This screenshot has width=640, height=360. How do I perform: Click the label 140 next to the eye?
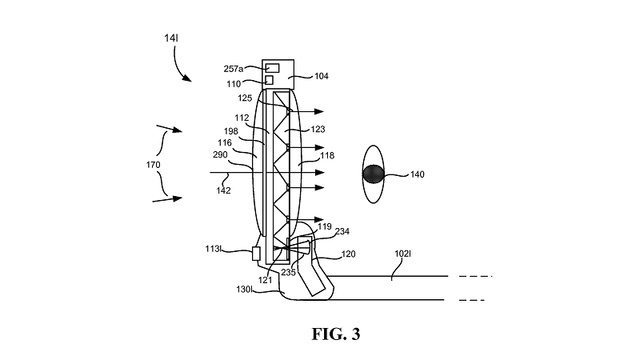coord(417,174)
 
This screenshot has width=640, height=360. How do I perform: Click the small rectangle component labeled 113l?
coord(257,254)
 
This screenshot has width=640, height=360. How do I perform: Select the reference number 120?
coord(349,254)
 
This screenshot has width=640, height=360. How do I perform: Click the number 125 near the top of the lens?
coord(245,98)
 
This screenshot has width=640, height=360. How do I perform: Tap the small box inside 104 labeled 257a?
coord(273,68)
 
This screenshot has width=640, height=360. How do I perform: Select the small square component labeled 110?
coord(270,80)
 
